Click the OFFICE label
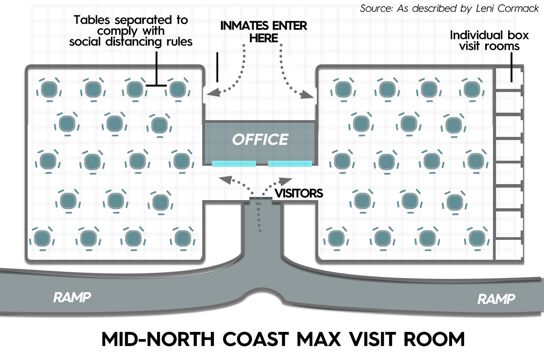[x=260, y=140]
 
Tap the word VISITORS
[x=298, y=193]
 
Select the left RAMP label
[x=72, y=298]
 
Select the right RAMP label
[x=496, y=300]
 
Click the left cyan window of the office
[x=234, y=164]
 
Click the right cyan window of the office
[x=290, y=164]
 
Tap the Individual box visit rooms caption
[x=489, y=41]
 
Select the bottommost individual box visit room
[x=508, y=249]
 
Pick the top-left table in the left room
[x=49, y=89]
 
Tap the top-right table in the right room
[x=472, y=89]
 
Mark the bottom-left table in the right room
[x=336, y=238]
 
